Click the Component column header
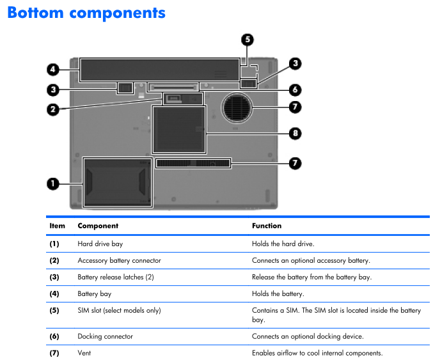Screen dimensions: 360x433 click(x=98, y=226)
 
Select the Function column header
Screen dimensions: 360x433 click(x=267, y=226)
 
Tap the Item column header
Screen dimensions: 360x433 click(x=57, y=226)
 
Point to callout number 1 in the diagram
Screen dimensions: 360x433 click(x=53, y=184)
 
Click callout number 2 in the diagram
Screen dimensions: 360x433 click(x=53, y=109)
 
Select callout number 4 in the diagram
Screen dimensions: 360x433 click(x=53, y=69)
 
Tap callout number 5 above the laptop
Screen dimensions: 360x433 click(x=248, y=40)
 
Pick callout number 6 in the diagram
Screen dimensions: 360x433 click(x=294, y=90)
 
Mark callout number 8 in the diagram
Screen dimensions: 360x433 click(x=294, y=134)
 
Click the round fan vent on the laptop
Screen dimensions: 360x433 click(x=237, y=107)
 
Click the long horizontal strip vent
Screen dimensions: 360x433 click(x=193, y=164)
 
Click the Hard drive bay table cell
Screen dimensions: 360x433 click(x=100, y=244)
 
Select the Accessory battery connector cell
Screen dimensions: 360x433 click(x=119, y=260)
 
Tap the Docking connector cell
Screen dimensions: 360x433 click(x=106, y=336)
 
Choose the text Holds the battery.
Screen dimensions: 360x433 click(x=278, y=293)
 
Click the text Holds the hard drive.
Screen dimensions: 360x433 click(x=283, y=244)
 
